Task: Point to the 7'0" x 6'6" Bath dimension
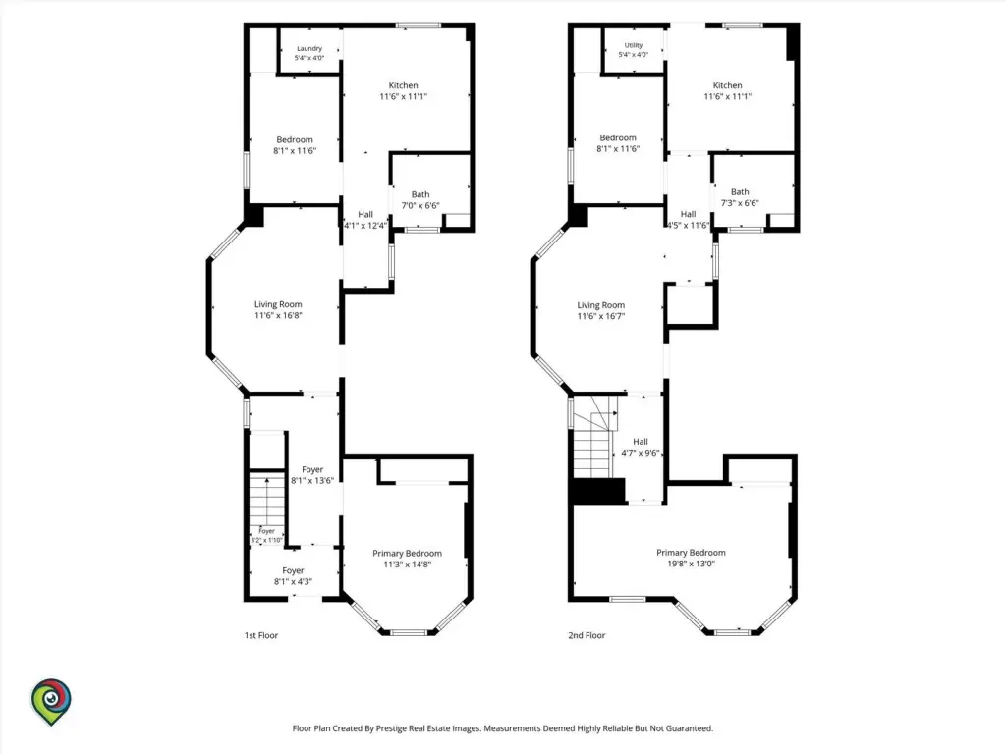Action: [x=420, y=206]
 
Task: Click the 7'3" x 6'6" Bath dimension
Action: [x=740, y=203]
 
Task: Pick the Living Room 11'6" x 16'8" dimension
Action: [x=278, y=315]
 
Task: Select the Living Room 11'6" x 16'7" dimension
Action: [x=600, y=316]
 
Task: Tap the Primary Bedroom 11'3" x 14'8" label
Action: [x=408, y=559]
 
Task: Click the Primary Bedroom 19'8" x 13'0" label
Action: [x=691, y=558]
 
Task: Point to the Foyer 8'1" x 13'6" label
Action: [x=312, y=475]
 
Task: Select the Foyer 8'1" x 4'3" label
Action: [x=293, y=576]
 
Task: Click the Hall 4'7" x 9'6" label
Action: [x=641, y=447]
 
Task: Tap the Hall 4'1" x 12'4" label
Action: [x=365, y=220]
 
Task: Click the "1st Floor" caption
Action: [x=261, y=635]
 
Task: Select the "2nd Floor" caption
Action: [x=587, y=635]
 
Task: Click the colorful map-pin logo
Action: [x=51, y=701]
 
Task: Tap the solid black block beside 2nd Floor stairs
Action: [x=598, y=491]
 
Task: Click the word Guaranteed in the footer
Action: [x=688, y=728]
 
